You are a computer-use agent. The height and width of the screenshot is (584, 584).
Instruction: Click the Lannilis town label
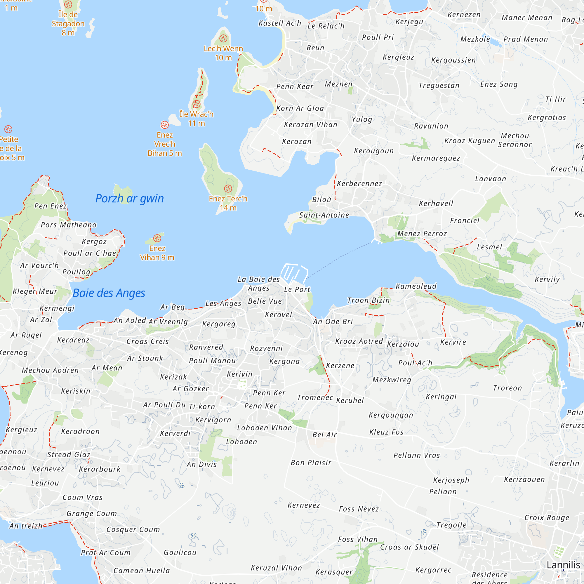(563, 565)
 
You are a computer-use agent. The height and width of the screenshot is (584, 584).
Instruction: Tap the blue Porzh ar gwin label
(129, 199)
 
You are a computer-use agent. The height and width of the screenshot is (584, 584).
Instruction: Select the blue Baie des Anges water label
(109, 293)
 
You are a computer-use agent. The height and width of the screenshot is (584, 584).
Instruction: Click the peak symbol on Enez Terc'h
(228, 189)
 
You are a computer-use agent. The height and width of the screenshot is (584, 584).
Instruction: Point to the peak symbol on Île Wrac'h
(197, 104)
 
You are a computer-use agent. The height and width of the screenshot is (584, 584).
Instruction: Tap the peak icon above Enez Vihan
(157, 238)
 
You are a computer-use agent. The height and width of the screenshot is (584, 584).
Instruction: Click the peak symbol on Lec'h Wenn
(223, 38)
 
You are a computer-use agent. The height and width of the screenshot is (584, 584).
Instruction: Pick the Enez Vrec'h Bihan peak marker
(164, 125)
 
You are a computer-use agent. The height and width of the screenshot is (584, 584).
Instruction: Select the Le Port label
(297, 289)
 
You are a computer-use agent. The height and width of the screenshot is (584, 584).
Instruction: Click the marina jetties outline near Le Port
(293, 273)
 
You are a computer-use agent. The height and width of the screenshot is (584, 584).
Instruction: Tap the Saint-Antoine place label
(324, 215)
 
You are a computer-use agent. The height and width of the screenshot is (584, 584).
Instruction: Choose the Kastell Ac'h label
(280, 23)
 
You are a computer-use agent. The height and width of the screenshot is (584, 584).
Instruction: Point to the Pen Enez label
(51, 206)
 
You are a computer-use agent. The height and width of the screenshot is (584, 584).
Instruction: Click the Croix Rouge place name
(547, 517)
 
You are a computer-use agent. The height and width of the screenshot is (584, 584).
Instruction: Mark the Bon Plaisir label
(311, 463)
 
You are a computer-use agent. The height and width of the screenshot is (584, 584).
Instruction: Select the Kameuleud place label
(416, 286)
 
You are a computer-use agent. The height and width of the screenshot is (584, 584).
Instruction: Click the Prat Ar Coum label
(105, 552)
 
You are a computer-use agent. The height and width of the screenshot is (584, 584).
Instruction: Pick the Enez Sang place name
(499, 84)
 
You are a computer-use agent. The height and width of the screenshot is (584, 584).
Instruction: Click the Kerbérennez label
(359, 183)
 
